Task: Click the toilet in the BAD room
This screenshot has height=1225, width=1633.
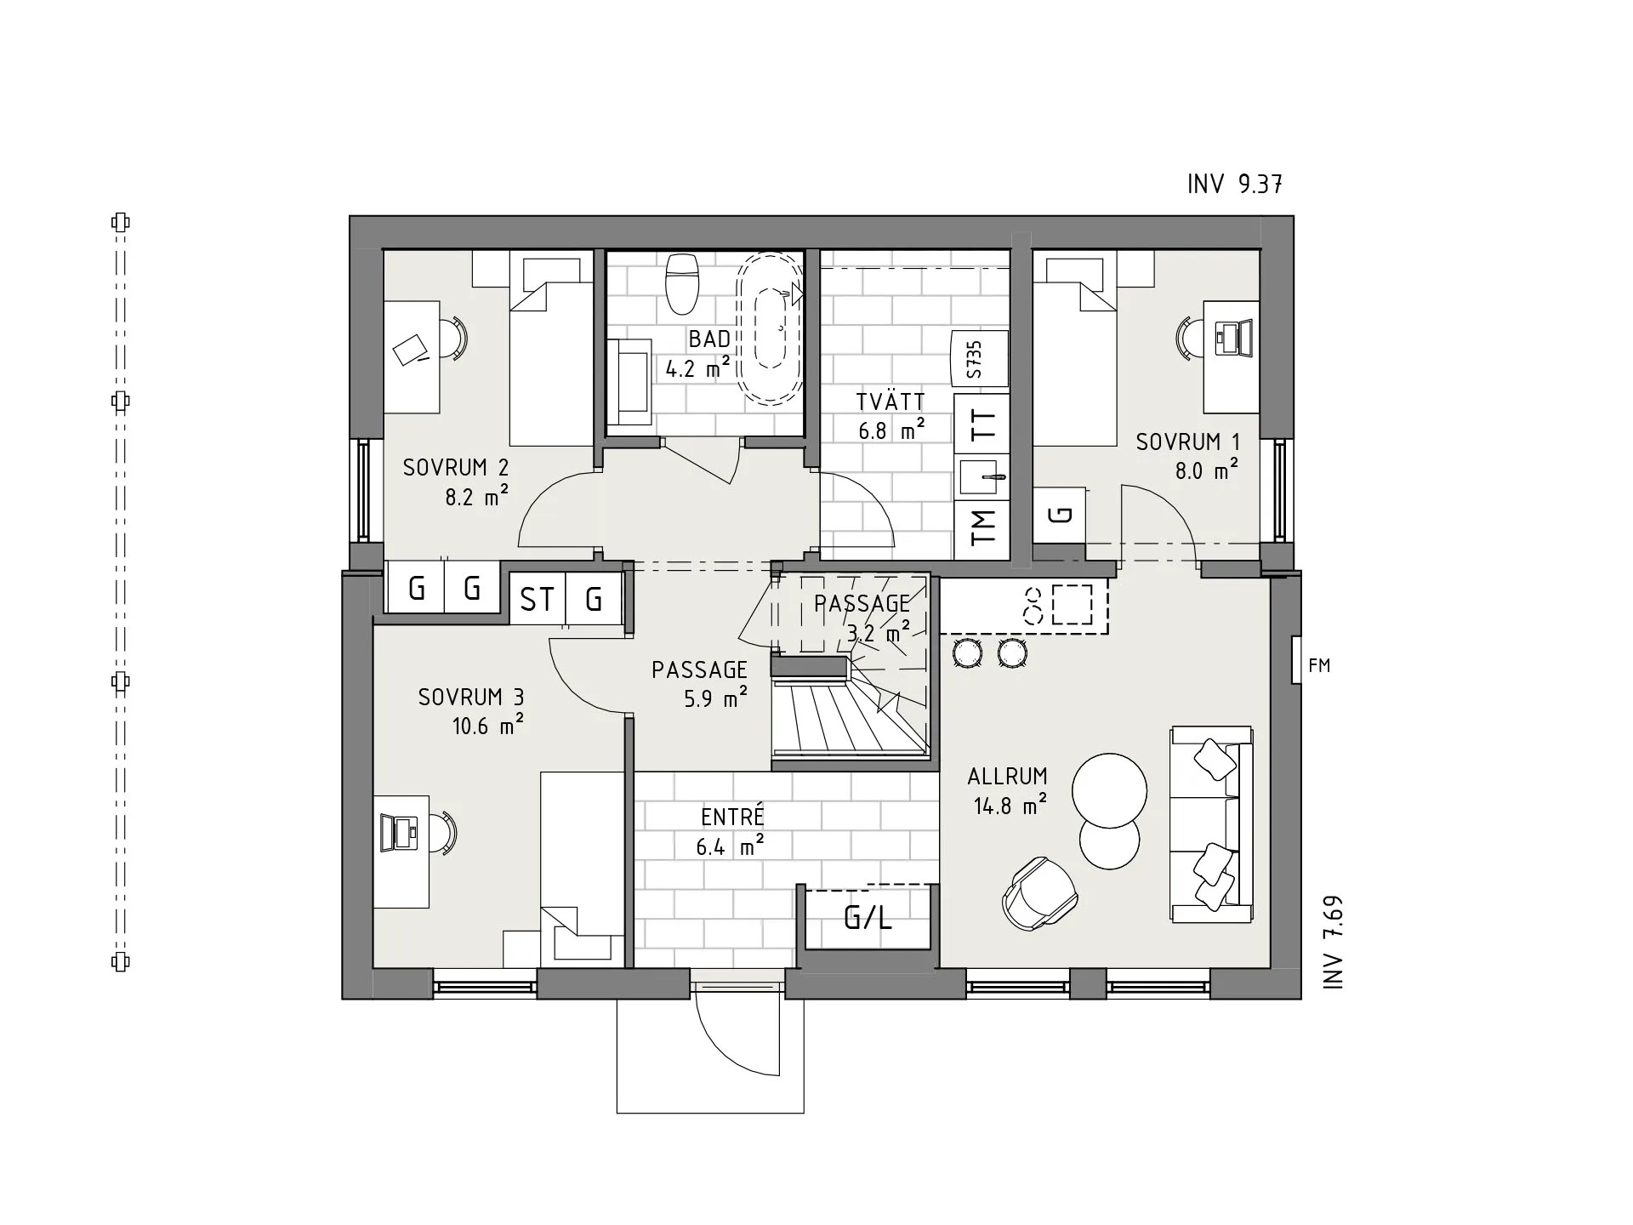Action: pyautogui.click(x=682, y=282)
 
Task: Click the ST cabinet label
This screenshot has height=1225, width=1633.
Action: pyautogui.click(x=537, y=600)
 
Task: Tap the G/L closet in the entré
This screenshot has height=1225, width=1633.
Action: pyautogui.click(x=868, y=918)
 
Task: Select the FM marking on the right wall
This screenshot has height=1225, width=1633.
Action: pyautogui.click(x=1318, y=666)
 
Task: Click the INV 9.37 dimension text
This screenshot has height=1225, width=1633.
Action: pyautogui.click(x=1234, y=184)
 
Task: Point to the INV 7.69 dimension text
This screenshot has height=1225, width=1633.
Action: pyautogui.click(x=1333, y=942)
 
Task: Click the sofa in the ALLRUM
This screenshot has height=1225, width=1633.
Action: pyautogui.click(x=1211, y=824)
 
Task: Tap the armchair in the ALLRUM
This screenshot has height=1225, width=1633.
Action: pyautogui.click(x=1039, y=892)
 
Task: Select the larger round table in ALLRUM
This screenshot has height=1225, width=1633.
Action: pyautogui.click(x=1109, y=790)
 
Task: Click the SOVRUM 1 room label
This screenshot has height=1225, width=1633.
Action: pyautogui.click(x=1187, y=442)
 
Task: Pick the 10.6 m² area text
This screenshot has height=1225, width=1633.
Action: pyautogui.click(x=486, y=726)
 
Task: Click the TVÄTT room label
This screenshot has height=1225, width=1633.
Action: pyautogui.click(x=890, y=402)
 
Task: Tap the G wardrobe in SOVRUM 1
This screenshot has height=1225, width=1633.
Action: pyautogui.click(x=1060, y=514)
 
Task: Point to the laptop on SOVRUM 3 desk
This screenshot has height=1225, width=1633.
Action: pyautogui.click(x=400, y=833)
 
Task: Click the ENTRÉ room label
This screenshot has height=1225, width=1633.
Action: pyautogui.click(x=732, y=818)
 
